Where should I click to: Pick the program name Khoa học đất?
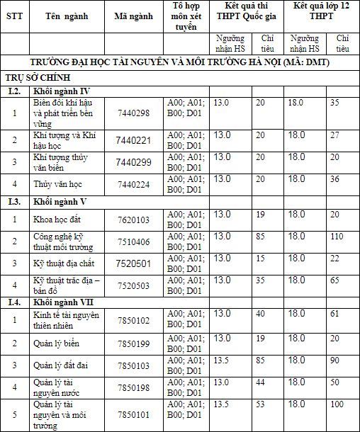pyautogui.click(x=57, y=220)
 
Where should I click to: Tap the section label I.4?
pyautogui.click(x=14, y=302)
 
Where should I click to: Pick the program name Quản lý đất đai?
pyautogui.click(x=60, y=365)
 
